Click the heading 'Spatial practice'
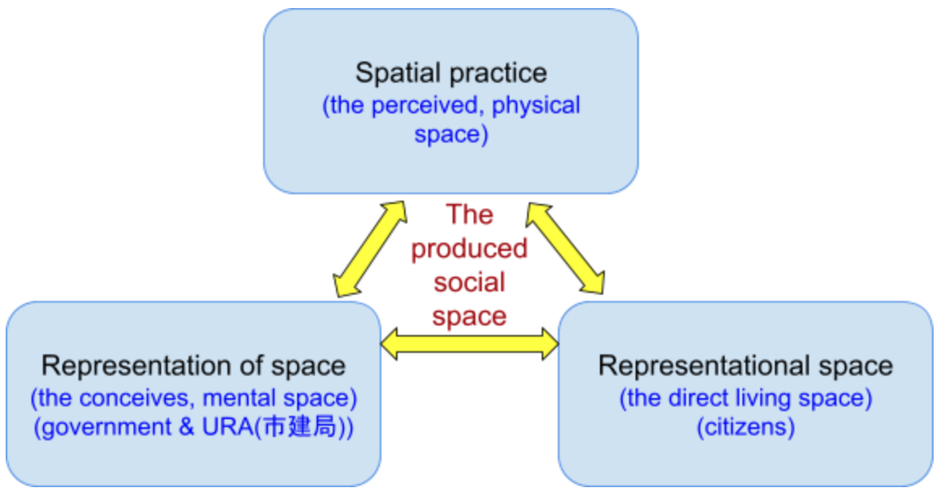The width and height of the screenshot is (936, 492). pos(451,74)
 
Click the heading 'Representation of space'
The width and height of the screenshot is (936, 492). pos(194,366)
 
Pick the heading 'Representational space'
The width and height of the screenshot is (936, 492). pos(746,366)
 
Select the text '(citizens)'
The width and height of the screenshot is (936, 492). pos(746,427)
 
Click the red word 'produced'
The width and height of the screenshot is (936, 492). pos(469,248)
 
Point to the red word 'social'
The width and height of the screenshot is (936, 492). pos(469,282)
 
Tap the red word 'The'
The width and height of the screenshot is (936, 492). pos(469,214)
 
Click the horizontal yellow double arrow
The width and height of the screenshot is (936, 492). pos(469,343)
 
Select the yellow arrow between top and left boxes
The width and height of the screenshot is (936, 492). pos(370,248)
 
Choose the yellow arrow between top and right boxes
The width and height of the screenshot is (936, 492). pos(564,248)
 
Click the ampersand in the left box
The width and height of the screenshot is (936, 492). pos(186,427)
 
